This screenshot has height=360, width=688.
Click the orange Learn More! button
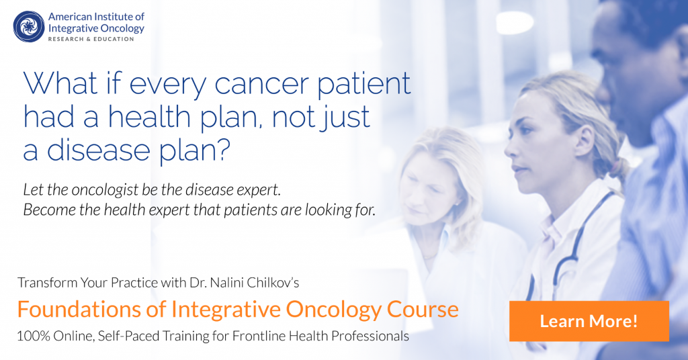click(x=589, y=321)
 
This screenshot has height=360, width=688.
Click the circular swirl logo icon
click(x=29, y=27)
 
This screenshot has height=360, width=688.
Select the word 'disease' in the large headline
click(x=98, y=150)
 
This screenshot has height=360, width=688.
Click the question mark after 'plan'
click(x=223, y=149)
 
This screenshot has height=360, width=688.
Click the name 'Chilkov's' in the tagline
click(x=273, y=282)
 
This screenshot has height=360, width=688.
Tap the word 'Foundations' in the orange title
click(x=79, y=309)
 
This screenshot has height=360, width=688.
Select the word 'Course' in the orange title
click(x=423, y=309)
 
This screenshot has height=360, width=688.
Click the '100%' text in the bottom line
click(x=34, y=336)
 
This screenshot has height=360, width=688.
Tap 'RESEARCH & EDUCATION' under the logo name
click(x=91, y=39)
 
